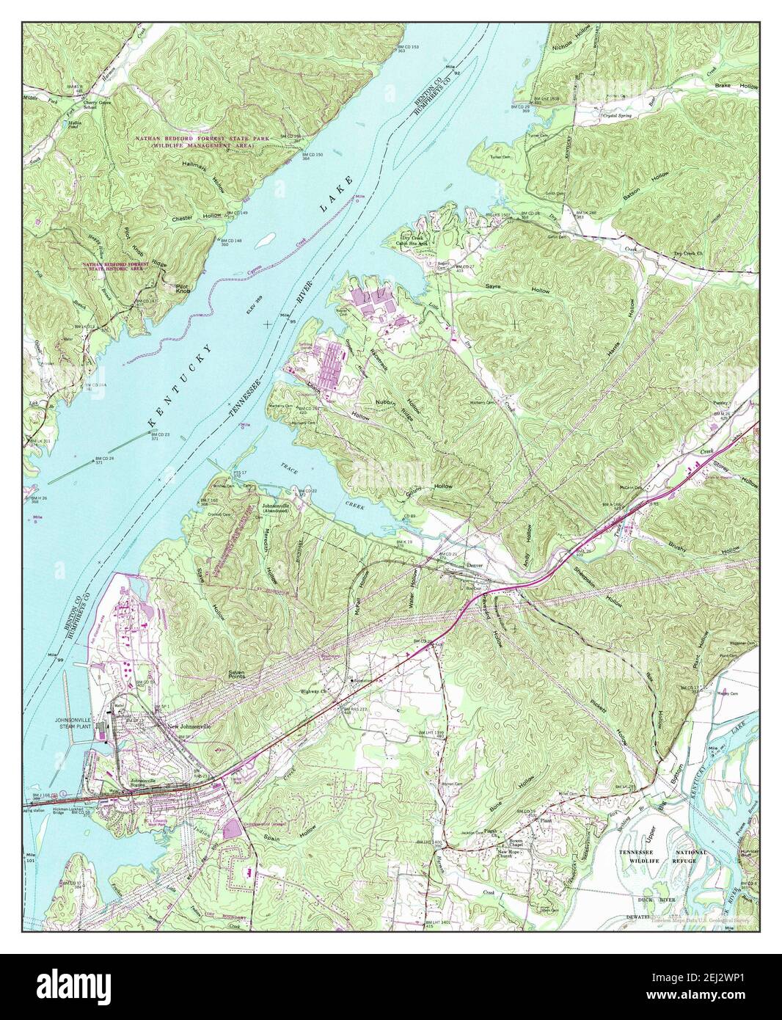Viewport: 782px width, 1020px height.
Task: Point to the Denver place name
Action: [x=476, y=567]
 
